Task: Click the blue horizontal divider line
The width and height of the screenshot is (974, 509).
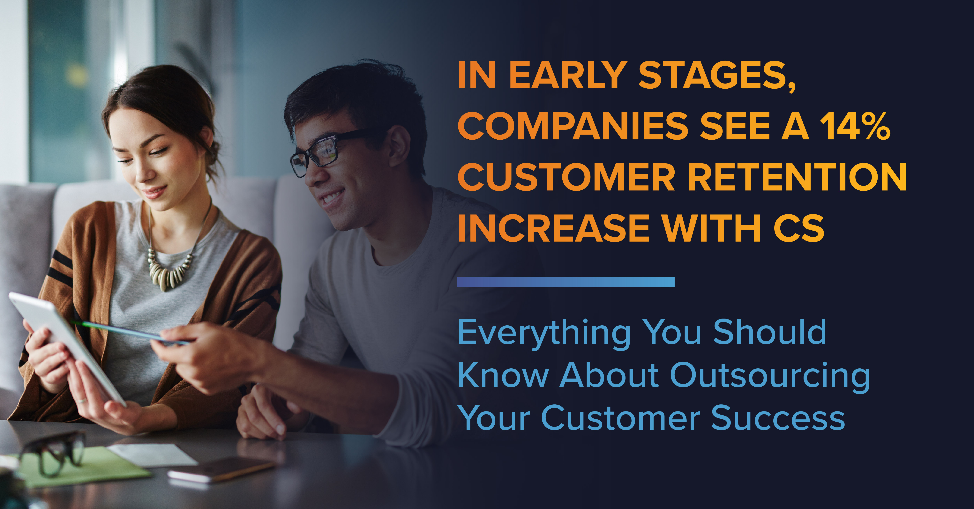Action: (565, 282)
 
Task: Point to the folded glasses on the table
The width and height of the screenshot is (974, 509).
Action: (53, 452)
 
